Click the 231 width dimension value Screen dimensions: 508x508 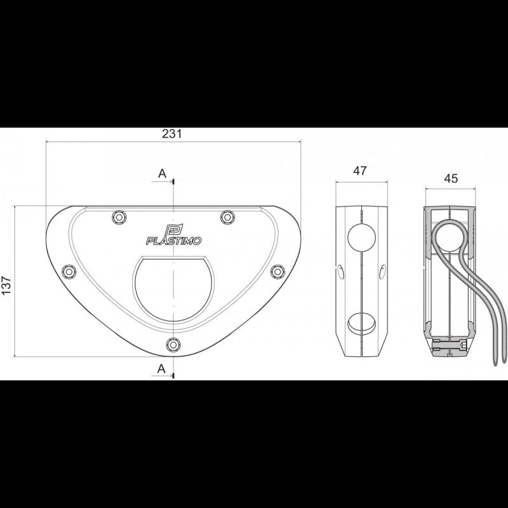pos(173,133)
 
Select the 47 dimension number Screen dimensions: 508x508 pos(360,171)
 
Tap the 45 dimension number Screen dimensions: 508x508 pos(451,178)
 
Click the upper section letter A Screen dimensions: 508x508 pos(162,173)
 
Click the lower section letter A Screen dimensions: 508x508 pos(162,368)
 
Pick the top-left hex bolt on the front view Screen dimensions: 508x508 pos(118,217)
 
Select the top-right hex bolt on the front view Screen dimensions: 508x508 pos(226,217)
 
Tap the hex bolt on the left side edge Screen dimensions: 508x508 pos(69,272)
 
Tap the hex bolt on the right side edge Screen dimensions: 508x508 pos(276,271)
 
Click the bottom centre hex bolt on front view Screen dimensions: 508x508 pos(172,345)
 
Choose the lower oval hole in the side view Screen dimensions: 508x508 pos(361,323)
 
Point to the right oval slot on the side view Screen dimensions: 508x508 pos(382,272)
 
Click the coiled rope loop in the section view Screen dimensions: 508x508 pos(449,237)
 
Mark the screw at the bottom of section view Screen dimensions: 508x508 pos(451,348)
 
